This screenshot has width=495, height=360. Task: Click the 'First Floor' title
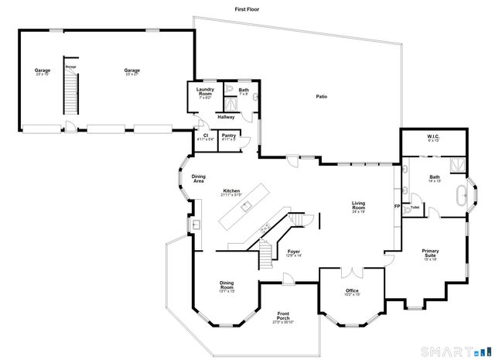tap(247, 9)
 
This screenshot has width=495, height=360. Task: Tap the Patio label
tap(321, 97)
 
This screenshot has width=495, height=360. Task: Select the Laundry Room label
tap(205, 92)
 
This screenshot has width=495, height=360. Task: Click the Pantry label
tap(228, 136)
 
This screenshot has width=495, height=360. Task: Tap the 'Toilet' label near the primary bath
tap(415, 207)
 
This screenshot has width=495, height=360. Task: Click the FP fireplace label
tap(397, 207)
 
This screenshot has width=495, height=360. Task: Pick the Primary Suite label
tap(430, 252)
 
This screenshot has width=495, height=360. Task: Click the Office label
tap(352, 290)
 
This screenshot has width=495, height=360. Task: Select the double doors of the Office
tap(353, 272)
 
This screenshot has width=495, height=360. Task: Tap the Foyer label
tap(294, 252)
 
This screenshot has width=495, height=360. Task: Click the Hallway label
tap(226, 117)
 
